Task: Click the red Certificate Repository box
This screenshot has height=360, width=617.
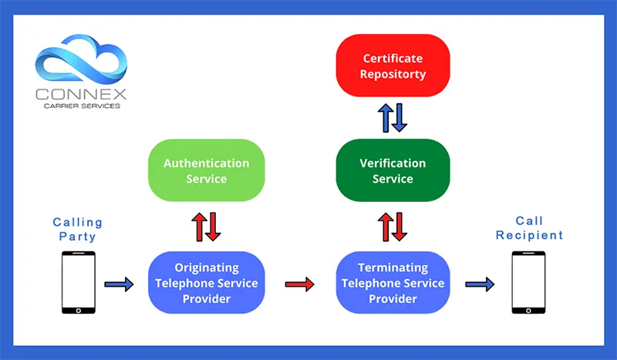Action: (x=393, y=66)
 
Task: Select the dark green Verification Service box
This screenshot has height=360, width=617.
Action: (x=393, y=170)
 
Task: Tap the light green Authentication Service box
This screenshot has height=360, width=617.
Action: (x=206, y=170)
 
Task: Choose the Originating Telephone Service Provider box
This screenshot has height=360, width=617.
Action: (x=206, y=283)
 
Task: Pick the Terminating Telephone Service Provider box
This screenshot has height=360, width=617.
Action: (x=393, y=283)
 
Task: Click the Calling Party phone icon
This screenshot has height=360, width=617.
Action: (x=78, y=283)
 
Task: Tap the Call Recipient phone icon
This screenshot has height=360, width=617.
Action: (x=530, y=283)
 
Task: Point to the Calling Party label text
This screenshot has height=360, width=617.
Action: (x=77, y=229)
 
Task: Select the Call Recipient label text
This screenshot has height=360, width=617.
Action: (x=530, y=227)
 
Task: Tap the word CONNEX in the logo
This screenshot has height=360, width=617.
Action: (x=80, y=95)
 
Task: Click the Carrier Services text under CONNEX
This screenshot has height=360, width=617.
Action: (x=80, y=106)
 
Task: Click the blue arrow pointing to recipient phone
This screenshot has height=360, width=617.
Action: (x=479, y=284)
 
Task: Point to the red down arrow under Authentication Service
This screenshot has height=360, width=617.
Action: (x=214, y=226)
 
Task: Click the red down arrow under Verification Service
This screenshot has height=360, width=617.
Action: (x=401, y=226)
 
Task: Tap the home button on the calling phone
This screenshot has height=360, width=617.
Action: (x=78, y=309)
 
